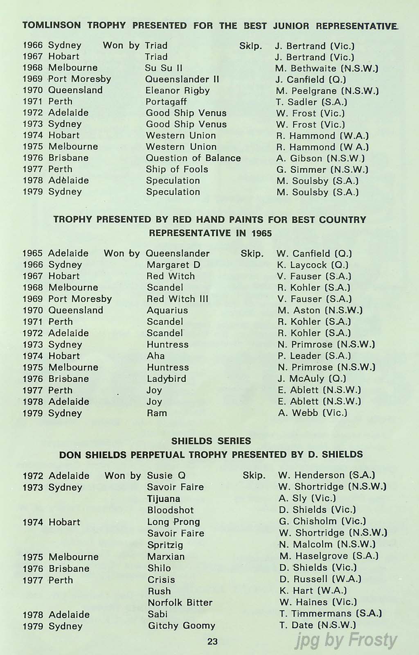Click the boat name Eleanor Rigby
pos(178,90)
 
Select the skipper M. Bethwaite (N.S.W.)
pos(327,68)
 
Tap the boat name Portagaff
pos(166,102)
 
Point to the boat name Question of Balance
pos(193,158)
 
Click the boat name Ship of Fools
pos(177,169)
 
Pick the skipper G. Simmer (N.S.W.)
pos(322,169)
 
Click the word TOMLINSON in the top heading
pos(52,25)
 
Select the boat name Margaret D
pos(173,265)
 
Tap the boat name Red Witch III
pos(177,299)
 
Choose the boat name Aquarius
pos(167,310)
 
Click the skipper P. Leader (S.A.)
pos(314,356)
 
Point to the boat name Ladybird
pos(167,379)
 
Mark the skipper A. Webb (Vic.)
pos(313,413)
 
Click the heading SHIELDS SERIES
pos(211,441)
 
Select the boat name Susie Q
pos(166,475)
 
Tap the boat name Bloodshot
pos(171,510)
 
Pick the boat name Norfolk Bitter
pos(180,603)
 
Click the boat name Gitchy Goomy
pos(181,626)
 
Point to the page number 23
pos(212,641)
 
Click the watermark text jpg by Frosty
pos(346,640)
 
